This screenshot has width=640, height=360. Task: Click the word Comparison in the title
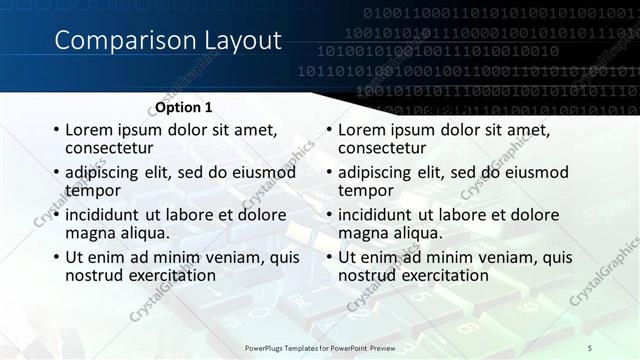(x=110, y=40)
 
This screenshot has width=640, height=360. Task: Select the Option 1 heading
(x=183, y=107)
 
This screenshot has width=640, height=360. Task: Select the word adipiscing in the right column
(x=378, y=173)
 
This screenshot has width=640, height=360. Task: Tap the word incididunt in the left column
(x=103, y=215)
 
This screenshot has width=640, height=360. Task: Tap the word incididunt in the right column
(x=376, y=215)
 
